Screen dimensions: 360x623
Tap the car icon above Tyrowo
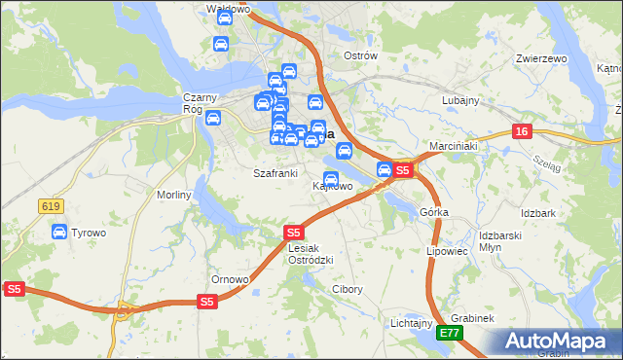coord(59,233)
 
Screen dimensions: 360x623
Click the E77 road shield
coord(449,333)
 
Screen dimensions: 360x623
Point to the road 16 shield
coord(523,131)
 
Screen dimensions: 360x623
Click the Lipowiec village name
coord(449,250)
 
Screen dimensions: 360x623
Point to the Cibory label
coord(348,289)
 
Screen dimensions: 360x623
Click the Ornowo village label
coord(231,279)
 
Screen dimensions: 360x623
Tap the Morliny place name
coord(174,195)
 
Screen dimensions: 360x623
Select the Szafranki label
coord(275,173)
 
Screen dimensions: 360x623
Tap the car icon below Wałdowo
coord(221,45)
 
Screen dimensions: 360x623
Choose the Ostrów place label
coord(360,55)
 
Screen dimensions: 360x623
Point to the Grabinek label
coord(474,318)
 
